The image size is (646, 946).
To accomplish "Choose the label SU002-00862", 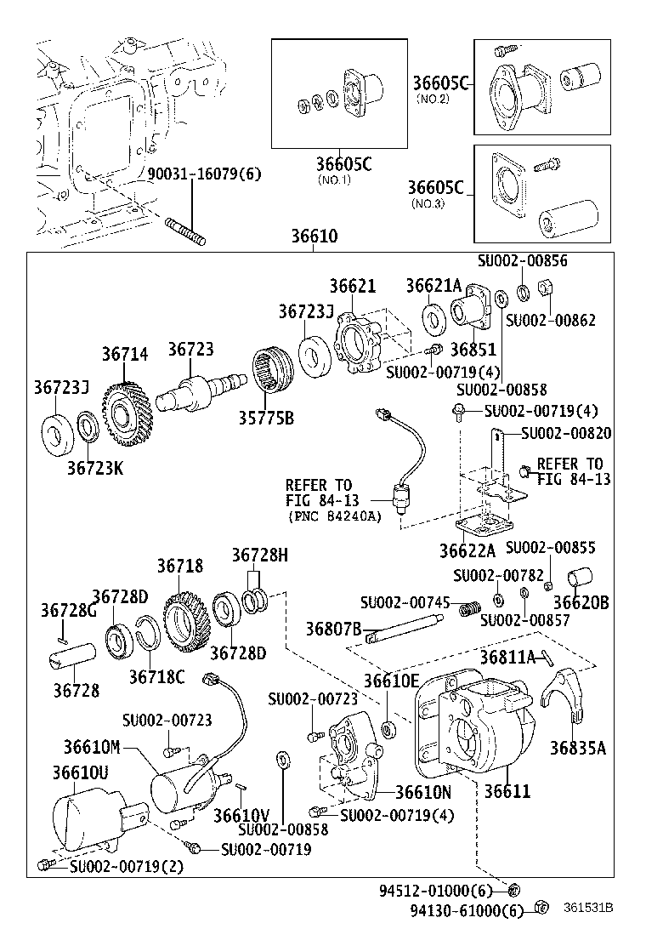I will pos(550,320).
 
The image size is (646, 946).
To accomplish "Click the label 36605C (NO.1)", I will pos(344,165).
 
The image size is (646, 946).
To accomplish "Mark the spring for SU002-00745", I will pos(467,609).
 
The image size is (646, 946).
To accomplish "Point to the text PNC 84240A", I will pos(334,516).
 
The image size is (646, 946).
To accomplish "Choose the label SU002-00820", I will pos(566,433).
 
